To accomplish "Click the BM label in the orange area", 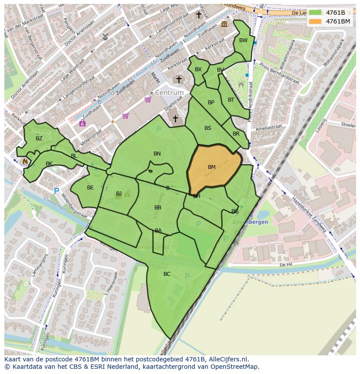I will pos(212,167).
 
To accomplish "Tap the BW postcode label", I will pos(243,40).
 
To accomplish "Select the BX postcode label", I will pos(198,70).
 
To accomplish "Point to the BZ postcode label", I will pos(39,139).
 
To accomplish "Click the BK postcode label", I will pos(49,164).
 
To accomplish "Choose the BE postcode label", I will pos(90,188).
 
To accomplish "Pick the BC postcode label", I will pos(167,274).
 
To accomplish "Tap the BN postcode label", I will pos(157,154).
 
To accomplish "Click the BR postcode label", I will pos(236,134).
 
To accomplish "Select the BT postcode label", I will pos(231,100).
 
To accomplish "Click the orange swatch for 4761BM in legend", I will pos(316,21).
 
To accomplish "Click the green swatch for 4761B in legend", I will pos(316,13).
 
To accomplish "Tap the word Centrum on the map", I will pos(169,93).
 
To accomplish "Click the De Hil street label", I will pos(285,264).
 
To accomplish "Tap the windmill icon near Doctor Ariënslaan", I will pos(105,37).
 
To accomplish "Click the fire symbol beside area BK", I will pos(25,161).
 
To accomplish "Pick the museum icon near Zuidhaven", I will pos(224,24).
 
